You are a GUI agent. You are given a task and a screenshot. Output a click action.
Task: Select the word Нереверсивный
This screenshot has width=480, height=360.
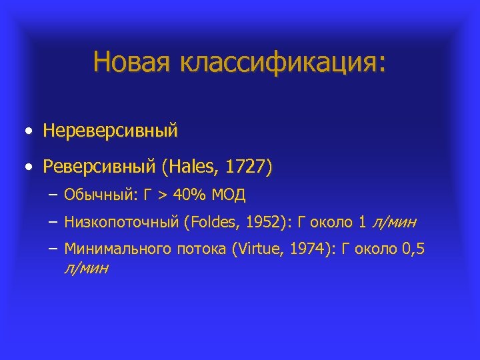click(x=111, y=130)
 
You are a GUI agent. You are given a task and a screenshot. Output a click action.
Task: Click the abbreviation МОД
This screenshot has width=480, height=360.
click(x=229, y=195)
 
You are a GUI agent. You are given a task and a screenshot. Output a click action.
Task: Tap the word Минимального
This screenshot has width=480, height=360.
click(x=116, y=249)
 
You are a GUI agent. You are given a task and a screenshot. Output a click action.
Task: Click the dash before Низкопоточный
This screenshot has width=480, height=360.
click(x=53, y=222)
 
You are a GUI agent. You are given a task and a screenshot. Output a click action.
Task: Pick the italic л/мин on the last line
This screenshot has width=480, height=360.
click(x=87, y=268)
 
